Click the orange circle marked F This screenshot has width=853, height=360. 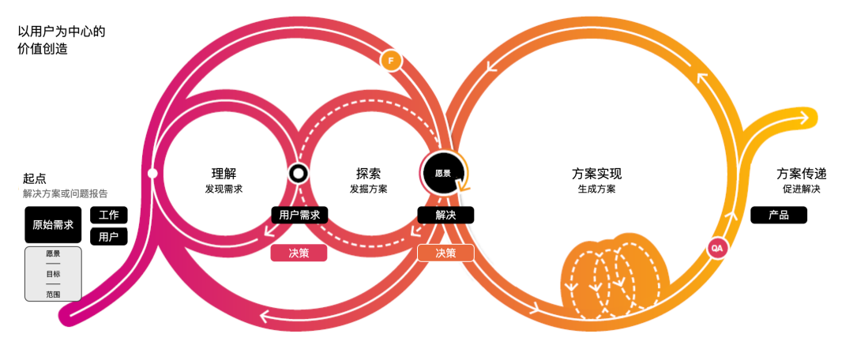coord(389,61)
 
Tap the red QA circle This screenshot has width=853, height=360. coord(717,248)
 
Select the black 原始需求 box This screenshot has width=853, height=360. coord(53,225)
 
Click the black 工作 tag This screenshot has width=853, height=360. coord(109,216)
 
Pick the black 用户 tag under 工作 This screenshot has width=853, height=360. coord(109,236)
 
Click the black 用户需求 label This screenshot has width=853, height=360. coord(299,215)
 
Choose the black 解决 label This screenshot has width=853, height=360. coord(445,215)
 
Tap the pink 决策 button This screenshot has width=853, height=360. coord(299,253)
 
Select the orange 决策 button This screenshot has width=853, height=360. coord(445,253)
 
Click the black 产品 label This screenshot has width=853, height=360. coord(779,215)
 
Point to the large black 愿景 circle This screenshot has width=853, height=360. coord(442,173)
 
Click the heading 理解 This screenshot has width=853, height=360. coord(224,174)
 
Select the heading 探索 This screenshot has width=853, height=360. coord(368,174)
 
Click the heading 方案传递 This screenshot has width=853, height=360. coord(801,174)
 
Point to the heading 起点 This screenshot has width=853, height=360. coord(35,178)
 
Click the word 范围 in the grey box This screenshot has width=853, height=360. coord(53,293)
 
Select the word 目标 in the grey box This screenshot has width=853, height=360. coord(53,273)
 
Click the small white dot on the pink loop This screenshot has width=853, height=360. coord(152,172)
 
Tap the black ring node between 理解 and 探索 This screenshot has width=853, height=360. coord(299,174)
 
